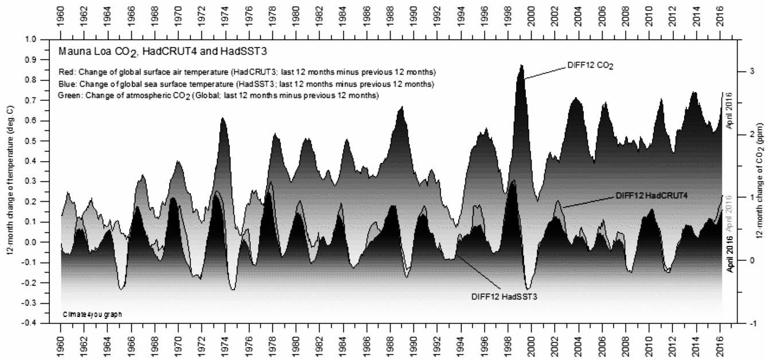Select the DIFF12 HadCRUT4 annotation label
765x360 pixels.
(x=651, y=195)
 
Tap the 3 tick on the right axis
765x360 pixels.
(x=751, y=71)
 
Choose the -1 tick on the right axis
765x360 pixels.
(x=751, y=323)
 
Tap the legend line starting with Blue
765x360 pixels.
(x=245, y=84)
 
